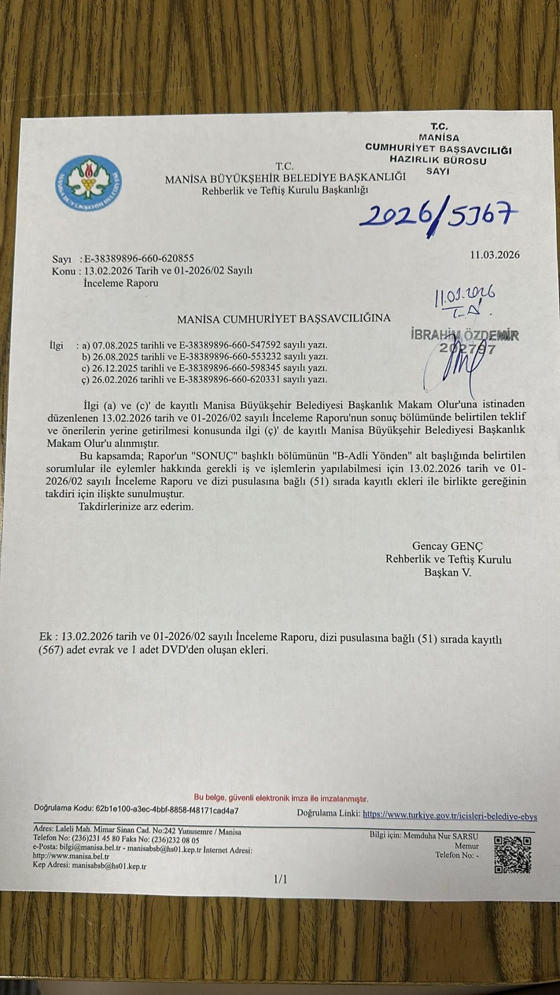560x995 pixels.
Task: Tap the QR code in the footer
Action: click(x=512, y=855)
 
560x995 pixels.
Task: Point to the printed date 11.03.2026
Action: click(x=494, y=255)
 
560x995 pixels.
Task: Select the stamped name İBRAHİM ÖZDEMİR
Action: click(x=464, y=335)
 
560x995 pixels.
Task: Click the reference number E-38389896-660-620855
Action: click(x=138, y=259)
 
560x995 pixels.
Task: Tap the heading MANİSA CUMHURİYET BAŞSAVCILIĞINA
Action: click(x=283, y=319)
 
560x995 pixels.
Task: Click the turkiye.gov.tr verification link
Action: click(x=450, y=816)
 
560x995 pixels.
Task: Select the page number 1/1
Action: click(x=280, y=880)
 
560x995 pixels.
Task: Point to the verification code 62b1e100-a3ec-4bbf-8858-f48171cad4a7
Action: click(x=167, y=809)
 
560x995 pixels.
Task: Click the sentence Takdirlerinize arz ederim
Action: click(x=136, y=507)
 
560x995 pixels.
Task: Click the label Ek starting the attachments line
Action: click(x=45, y=638)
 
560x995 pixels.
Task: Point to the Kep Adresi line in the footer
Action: click(x=90, y=866)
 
